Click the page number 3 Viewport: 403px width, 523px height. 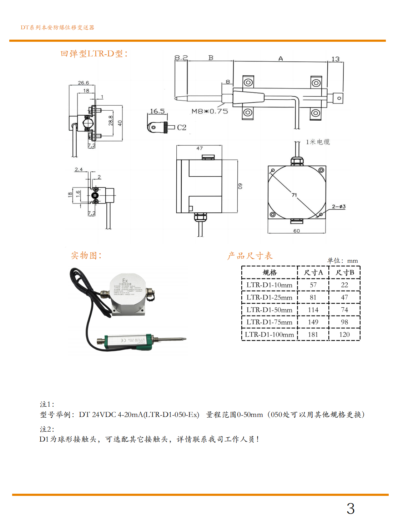coord(351,508)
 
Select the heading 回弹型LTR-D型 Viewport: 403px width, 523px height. coord(94,54)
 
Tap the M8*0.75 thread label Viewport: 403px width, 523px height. coord(210,111)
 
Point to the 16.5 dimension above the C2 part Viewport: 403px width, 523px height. coord(157,111)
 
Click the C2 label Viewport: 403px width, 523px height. coord(182,127)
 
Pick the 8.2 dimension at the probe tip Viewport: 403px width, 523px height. coord(181,57)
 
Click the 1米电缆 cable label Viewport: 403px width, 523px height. coord(318,142)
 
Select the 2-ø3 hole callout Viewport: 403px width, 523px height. coord(339,207)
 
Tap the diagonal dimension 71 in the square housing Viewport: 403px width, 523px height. coord(294,195)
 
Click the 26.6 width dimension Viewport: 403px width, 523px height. coord(84,83)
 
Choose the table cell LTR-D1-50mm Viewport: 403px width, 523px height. coord(269,310)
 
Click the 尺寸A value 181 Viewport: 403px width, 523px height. coord(313,335)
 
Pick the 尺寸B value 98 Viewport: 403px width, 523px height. coord(344,322)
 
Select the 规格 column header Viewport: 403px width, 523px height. coord(269,272)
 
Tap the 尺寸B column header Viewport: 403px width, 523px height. coord(344,272)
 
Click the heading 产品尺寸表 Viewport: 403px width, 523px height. coord(250,256)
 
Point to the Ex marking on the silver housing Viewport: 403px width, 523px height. coord(125,281)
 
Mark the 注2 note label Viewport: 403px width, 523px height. coord(47,429)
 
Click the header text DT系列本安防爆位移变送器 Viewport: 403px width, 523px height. coord(57,27)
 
